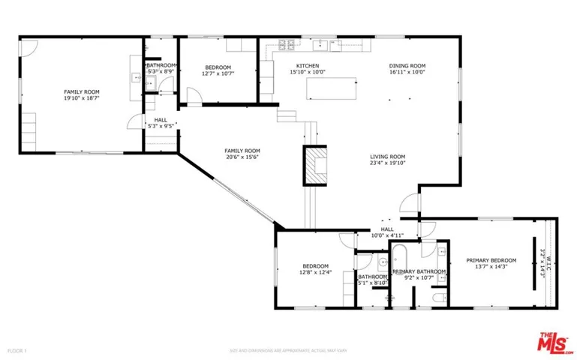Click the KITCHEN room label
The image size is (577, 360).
click(308, 66)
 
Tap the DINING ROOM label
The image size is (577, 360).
click(407, 66)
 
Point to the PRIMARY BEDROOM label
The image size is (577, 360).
click(491, 260)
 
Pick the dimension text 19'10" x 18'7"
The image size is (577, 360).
click(82, 97)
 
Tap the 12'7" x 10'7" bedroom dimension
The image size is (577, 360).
click(218, 73)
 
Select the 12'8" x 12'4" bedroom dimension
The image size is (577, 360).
click(315, 273)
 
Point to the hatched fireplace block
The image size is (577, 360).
click(315, 165)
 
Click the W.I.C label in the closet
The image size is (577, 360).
click(549, 262)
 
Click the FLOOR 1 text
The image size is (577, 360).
click(17, 350)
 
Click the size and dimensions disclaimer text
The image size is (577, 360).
click(288, 350)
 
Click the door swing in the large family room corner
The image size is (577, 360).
click(28, 46)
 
